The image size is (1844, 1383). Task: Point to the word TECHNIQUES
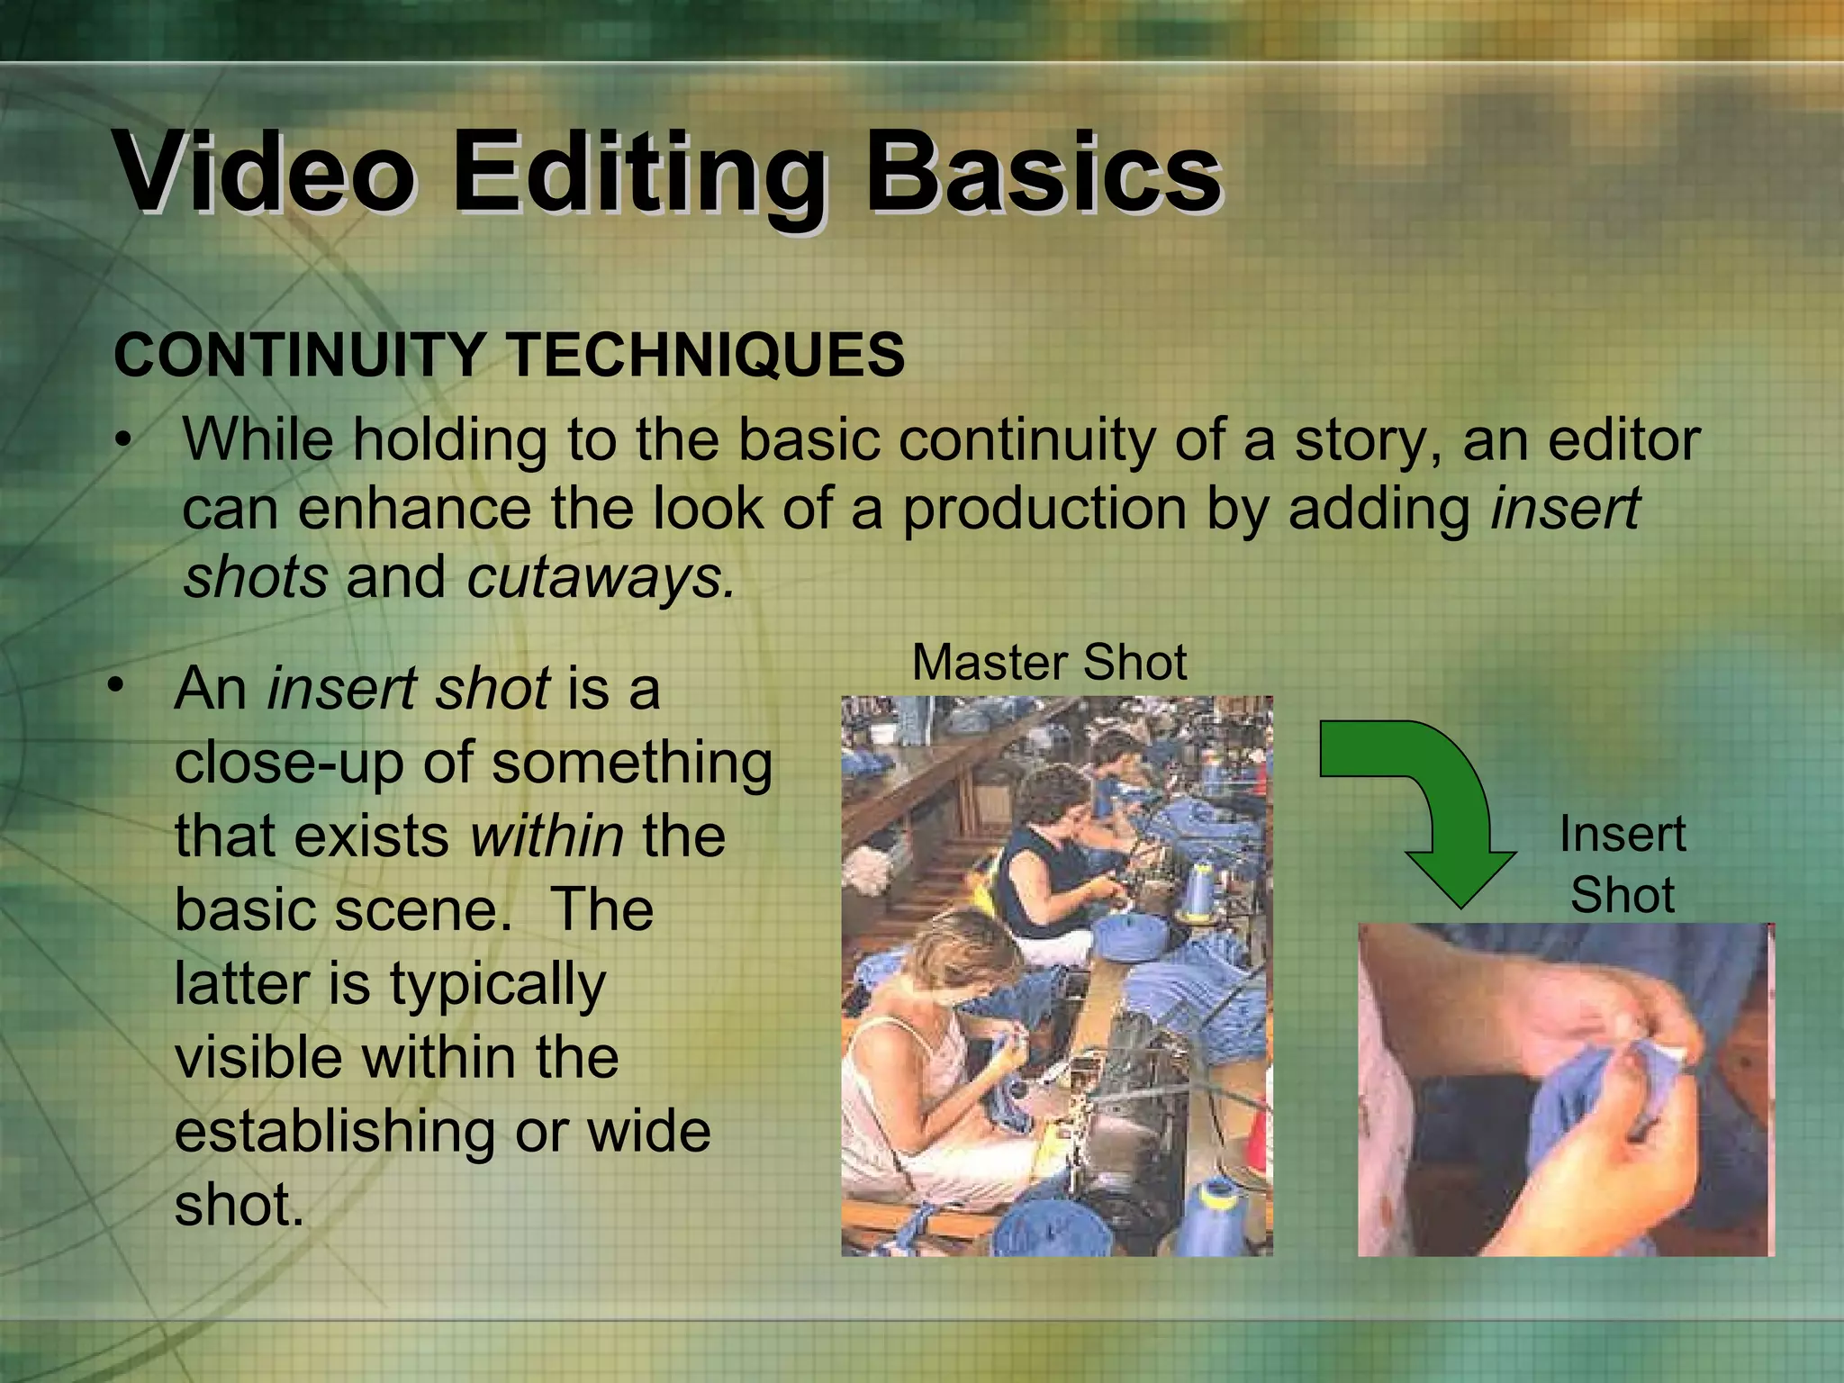click(707, 355)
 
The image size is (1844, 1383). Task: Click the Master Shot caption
click(1049, 663)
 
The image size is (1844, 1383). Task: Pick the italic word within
click(547, 836)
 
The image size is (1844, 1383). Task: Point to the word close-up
click(288, 764)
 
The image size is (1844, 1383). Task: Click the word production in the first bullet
click(1044, 509)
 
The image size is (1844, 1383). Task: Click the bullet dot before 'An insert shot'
click(113, 687)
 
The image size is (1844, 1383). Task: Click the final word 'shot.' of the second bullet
click(240, 1205)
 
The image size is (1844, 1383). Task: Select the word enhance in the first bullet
click(414, 509)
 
